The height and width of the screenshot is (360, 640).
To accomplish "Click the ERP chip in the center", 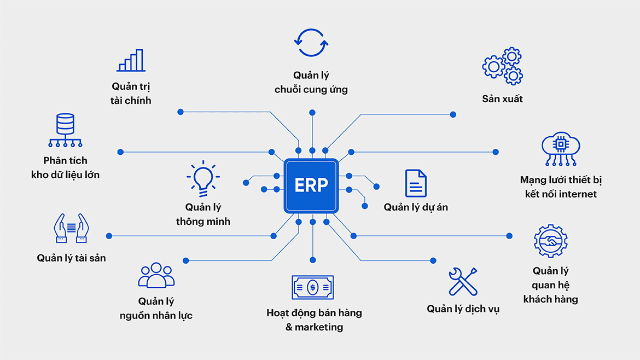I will pyautogui.click(x=311, y=185).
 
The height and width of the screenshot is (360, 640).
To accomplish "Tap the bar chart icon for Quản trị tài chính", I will pyautogui.click(x=131, y=61).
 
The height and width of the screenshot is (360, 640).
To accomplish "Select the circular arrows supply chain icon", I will pyautogui.click(x=311, y=43).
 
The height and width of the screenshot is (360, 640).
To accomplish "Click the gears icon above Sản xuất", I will pyautogui.click(x=502, y=66).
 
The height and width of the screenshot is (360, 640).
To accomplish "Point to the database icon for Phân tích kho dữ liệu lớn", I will pyautogui.click(x=65, y=130).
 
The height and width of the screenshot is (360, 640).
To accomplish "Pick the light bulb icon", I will pyautogui.click(x=203, y=178).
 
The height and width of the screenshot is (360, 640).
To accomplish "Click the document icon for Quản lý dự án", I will pyautogui.click(x=416, y=183).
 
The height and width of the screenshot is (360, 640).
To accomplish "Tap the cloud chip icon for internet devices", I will pyautogui.click(x=561, y=148).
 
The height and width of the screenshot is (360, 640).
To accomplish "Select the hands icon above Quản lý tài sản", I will pyautogui.click(x=71, y=229).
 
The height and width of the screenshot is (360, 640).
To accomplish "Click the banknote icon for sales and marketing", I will pyautogui.click(x=312, y=287).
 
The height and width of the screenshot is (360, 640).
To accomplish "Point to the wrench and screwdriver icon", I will pyautogui.click(x=463, y=282).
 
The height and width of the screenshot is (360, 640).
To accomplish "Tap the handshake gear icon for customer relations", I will pyautogui.click(x=550, y=241).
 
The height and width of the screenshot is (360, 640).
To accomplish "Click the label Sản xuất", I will pyautogui.click(x=502, y=99).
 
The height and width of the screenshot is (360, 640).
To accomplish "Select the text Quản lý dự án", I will pyautogui.click(x=416, y=207).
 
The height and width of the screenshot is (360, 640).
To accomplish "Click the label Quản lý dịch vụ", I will pyautogui.click(x=463, y=309).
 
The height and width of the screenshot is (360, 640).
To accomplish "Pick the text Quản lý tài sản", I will pyautogui.click(x=71, y=258).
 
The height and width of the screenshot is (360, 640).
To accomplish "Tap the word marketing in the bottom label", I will pyautogui.click(x=319, y=327).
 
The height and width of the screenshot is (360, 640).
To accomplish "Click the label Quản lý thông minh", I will pyautogui.click(x=203, y=214).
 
